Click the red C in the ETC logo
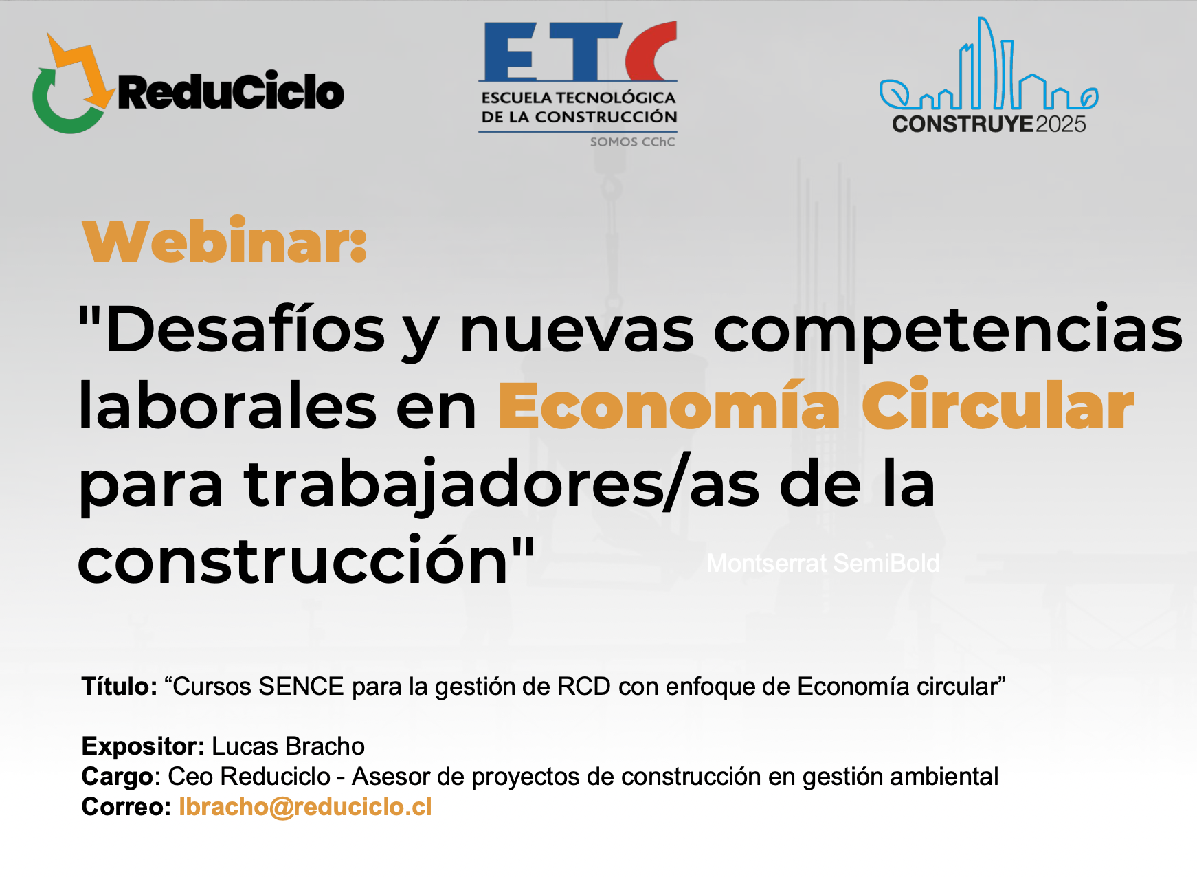pos(651,52)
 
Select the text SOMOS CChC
pos(632,142)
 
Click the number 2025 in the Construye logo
pos(1060,124)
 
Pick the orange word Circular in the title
pos(998,406)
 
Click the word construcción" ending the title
pos(306,560)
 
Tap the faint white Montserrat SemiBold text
pos(823,564)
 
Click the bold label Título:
pos(120,686)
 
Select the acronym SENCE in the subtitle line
pos(301,687)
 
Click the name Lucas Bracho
pos(288,746)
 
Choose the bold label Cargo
pos(117,777)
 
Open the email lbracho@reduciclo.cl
pos(305,807)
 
